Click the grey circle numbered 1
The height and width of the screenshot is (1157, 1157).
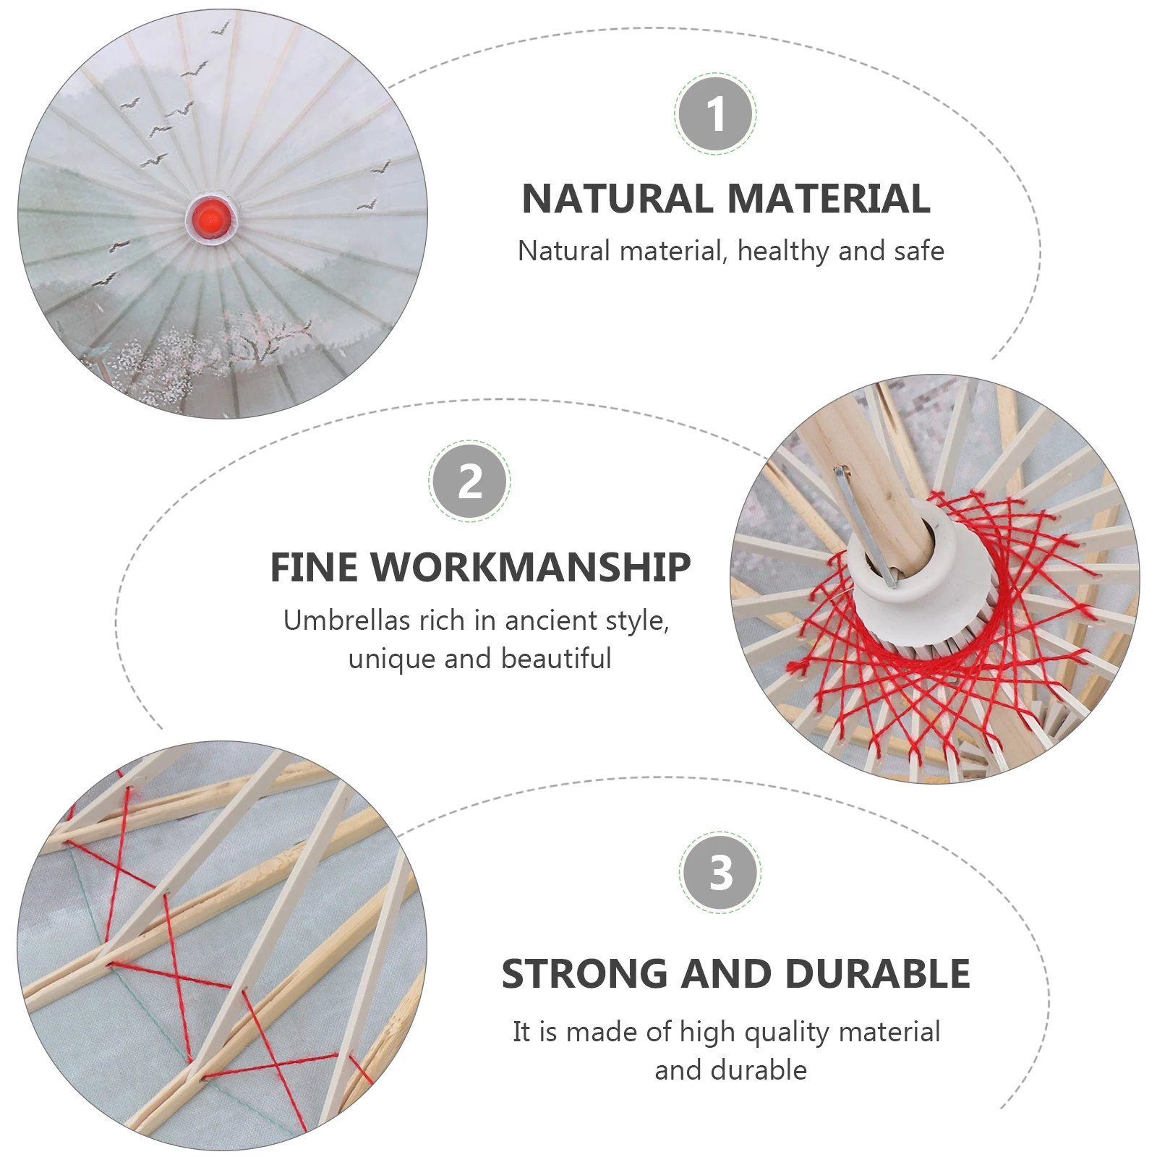click(715, 114)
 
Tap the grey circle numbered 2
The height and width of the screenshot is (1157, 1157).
click(470, 481)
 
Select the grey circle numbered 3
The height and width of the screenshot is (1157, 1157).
click(720, 872)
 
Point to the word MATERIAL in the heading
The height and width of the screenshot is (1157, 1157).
click(829, 199)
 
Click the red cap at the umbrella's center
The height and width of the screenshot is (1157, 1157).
click(210, 215)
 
